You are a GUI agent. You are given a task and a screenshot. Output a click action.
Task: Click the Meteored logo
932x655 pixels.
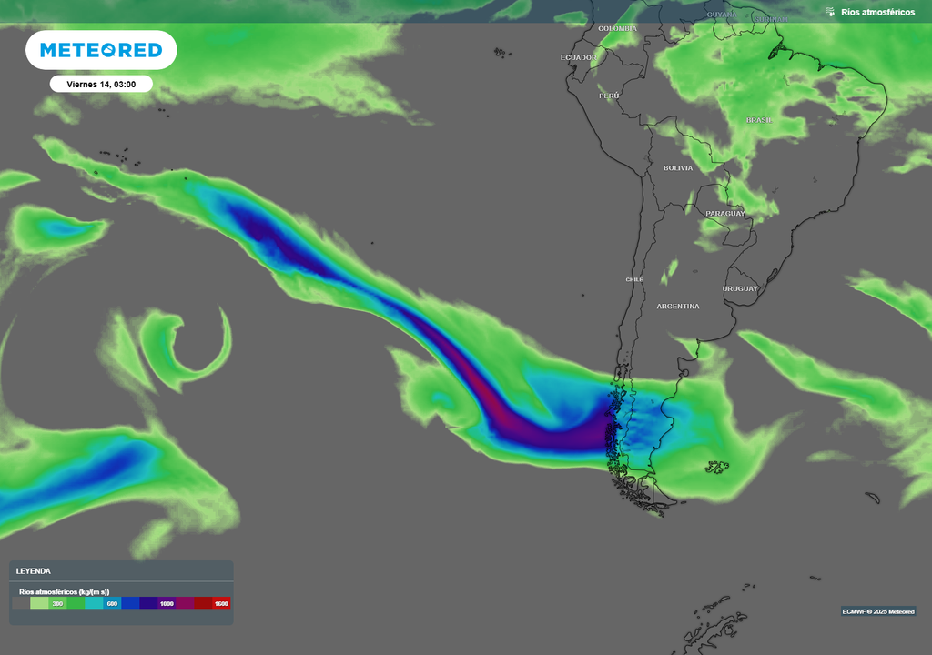coord(100,50)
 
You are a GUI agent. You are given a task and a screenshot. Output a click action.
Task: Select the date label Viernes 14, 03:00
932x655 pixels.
coord(101,84)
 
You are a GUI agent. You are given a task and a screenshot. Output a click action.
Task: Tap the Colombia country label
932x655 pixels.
coord(618,28)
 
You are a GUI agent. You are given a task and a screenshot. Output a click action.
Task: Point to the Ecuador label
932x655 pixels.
coord(578,57)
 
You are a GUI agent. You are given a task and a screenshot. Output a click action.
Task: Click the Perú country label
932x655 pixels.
coord(609,95)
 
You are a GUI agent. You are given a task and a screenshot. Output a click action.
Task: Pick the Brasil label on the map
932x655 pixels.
coord(759,120)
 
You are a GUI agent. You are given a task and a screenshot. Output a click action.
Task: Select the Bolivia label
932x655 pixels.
coord(677,167)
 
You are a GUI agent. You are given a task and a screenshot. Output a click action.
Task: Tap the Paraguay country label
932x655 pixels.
coord(724,214)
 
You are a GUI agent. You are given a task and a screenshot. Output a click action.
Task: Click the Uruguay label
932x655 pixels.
coord(740,288)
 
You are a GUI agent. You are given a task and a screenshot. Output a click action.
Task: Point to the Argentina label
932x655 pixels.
coord(678,307)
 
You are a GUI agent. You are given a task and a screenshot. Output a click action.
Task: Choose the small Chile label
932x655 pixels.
coord(634,279)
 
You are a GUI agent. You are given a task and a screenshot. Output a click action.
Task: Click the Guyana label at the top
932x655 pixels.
coord(722,15)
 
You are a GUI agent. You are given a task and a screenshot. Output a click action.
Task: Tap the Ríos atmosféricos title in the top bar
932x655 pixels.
coord(877,12)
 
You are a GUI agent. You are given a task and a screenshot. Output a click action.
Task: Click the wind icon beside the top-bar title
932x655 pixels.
coord(830,12)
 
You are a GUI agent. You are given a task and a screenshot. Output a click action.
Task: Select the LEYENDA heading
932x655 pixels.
coord(33,571)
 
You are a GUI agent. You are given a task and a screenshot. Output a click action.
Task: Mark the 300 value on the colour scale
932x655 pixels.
coord(57,603)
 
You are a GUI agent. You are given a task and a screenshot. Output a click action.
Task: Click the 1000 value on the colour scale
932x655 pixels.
coord(167,603)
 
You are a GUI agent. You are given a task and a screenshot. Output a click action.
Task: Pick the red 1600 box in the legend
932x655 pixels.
coord(220,603)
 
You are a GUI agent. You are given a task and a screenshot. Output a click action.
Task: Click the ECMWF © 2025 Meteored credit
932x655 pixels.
coord(877,611)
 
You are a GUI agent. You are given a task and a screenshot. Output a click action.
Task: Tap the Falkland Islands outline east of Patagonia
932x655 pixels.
coord(717,467)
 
